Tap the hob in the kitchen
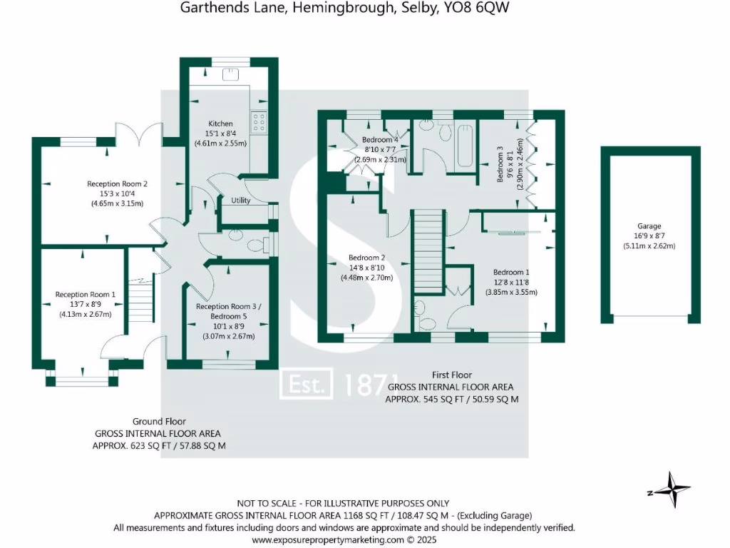(258, 123)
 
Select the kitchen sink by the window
(231, 74)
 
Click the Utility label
(241, 201)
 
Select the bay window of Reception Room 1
(83, 379)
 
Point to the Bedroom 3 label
(500, 165)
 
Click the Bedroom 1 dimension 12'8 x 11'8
(511, 282)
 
